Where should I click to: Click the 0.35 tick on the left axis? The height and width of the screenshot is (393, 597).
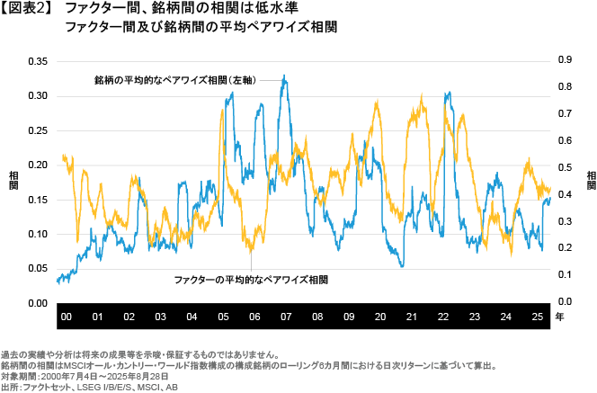coord(37,61)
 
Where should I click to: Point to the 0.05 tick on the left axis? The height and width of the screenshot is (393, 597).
coord(37,269)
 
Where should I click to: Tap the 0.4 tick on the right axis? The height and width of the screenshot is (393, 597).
coord(566,194)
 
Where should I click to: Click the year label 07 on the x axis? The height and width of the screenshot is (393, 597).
coord(286,317)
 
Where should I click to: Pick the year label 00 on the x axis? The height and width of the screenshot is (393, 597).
coord(66,317)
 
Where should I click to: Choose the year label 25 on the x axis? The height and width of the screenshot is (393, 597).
coord(537,317)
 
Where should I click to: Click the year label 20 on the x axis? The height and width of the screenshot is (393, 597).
coord(380,317)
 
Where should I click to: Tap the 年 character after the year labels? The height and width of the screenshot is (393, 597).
coord(560,317)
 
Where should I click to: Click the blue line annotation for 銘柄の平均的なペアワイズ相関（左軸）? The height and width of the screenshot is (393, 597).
coord(175,80)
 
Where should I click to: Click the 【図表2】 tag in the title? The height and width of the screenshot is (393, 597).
coord(30,9)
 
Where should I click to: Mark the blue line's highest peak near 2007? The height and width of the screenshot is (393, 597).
coord(285,76)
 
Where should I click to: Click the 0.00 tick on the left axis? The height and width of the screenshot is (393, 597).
coord(37,303)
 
